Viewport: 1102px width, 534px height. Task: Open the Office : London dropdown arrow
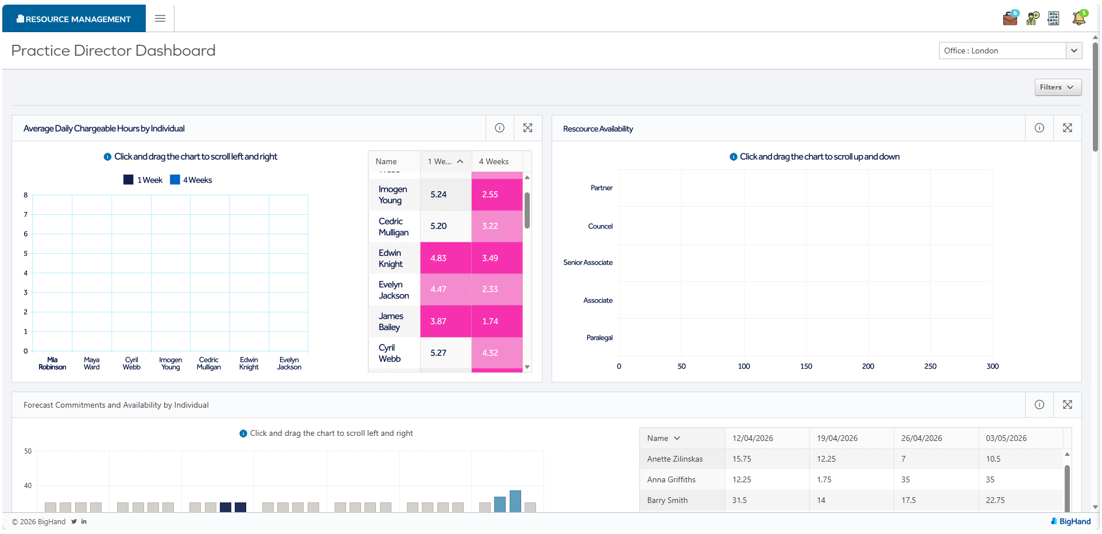pos(1074,51)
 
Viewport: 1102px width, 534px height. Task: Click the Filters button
pos(1058,87)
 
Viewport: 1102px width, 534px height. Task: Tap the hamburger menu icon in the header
pos(160,18)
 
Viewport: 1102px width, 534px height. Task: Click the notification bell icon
pos(1079,18)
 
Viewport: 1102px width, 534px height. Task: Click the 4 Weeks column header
pos(494,162)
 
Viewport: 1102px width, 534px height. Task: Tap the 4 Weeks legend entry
pos(192,180)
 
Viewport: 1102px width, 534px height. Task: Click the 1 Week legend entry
pos(143,180)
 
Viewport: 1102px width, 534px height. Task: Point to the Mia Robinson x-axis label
pos(52,363)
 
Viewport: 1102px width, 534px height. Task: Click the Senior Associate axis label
pos(588,262)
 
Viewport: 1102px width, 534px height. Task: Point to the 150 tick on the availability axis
pos(806,366)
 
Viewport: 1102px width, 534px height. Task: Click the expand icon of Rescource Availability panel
pos(1068,128)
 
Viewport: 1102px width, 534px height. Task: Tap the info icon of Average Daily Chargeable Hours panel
pos(500,128)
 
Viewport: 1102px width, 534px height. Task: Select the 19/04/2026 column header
pos(837,438)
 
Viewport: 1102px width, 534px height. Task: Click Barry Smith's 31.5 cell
pos(740,500)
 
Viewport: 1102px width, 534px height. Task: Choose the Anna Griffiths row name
pos(672,479)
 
